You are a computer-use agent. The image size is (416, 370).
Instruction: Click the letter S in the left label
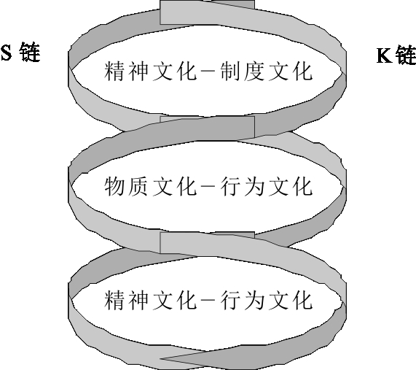6,53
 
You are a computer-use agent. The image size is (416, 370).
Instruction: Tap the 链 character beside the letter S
29,52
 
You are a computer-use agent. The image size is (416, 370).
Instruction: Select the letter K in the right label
385,55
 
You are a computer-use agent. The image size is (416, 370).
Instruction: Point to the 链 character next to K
405,55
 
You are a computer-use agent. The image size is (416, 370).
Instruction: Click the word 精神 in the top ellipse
126,71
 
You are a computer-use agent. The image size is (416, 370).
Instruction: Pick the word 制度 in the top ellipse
242,71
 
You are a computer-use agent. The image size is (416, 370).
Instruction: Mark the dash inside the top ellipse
208,72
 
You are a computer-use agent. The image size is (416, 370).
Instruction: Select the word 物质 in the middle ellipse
126,187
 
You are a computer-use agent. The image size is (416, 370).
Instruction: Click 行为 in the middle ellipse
242,187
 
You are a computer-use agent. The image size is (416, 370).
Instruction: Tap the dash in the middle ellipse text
208,187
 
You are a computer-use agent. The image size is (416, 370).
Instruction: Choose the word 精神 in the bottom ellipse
126,300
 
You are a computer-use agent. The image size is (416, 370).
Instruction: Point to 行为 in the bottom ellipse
242,300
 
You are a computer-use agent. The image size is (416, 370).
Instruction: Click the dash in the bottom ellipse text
208,301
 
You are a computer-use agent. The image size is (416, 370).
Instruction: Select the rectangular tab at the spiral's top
207,12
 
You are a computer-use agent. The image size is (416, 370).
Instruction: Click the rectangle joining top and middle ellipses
207,127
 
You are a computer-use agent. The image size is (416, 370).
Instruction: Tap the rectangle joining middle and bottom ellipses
207,242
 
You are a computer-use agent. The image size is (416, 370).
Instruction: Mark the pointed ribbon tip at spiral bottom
161,358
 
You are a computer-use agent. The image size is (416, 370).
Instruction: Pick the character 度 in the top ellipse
254,71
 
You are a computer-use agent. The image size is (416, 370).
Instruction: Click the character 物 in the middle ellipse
114,187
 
